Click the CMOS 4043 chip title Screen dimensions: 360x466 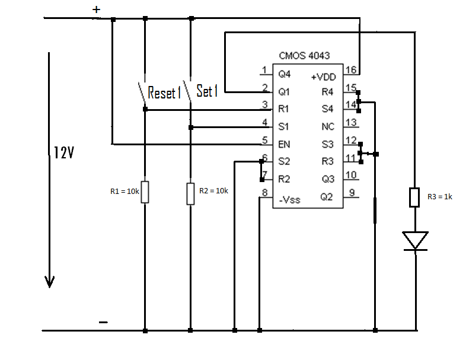[x=304, y=56]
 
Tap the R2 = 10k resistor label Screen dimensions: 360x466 [x=214, y=191]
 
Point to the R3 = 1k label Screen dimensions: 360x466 [x=439, y=197]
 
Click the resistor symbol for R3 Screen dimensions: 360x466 [x=415, y=197]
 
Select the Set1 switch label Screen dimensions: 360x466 [x=208, y=91]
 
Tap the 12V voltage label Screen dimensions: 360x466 [x=60, y=153]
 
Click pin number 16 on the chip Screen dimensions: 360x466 [x=351, y=70]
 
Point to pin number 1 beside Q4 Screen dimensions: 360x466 [x=264, y=71]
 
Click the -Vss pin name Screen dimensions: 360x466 [x=289, y=200]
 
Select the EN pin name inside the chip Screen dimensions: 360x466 [x=284, y=144]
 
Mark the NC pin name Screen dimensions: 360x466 [x=328, y=127]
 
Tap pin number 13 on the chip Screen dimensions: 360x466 [x=351, y=122]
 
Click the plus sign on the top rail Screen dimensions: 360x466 [x=97, y=10]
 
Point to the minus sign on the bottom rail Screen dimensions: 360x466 [x=103, y=322]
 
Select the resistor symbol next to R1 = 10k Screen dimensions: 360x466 [x=145, y=192]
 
